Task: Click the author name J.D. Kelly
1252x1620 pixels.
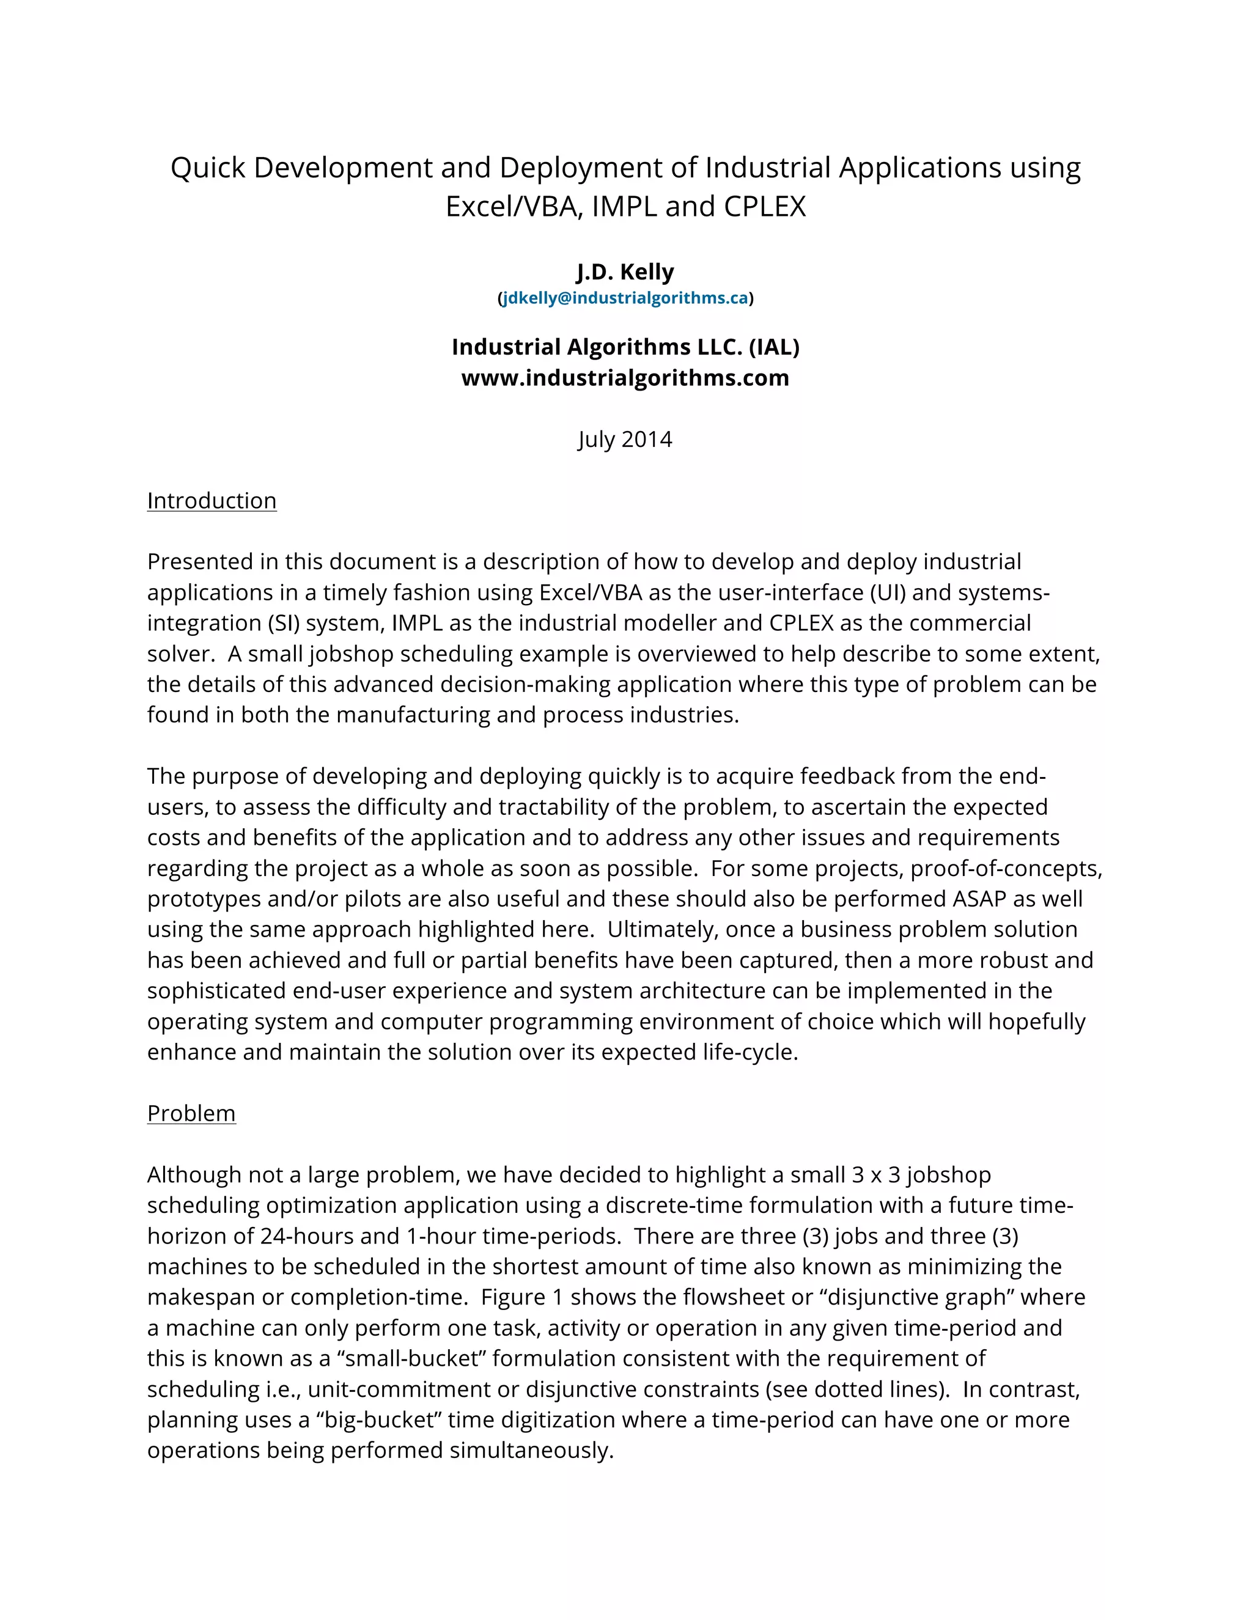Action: click(x=625, y=272)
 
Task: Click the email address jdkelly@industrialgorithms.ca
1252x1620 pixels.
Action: click(x=625, y=298)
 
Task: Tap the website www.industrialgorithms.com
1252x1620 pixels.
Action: click(x=625, y=378)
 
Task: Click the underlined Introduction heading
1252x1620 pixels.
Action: click(x=212, y=501)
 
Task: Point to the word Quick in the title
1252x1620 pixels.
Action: click(x=207, y=168)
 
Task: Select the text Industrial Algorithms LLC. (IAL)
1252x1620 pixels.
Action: click(x=625, y=347)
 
